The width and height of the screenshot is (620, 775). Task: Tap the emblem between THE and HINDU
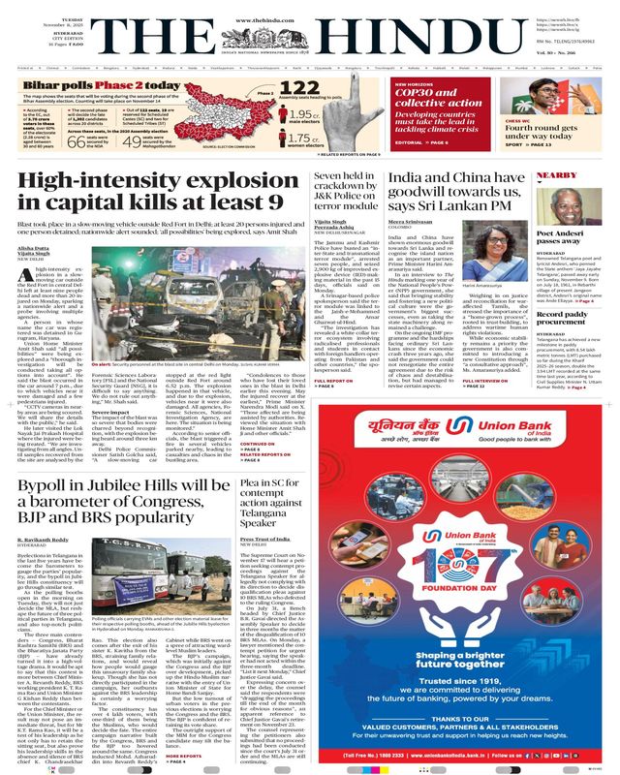[310, 35]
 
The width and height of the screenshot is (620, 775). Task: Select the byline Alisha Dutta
[34, 249]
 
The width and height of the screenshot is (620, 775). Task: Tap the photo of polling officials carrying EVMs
[194, 546]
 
